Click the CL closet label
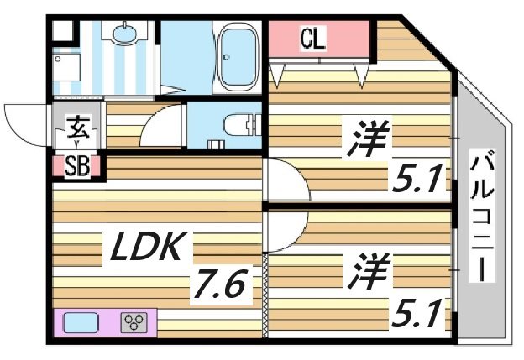pos(314,39)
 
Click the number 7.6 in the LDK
pos(220,285)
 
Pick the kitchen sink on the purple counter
pos(81,322)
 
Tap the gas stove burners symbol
pos(134,321)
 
